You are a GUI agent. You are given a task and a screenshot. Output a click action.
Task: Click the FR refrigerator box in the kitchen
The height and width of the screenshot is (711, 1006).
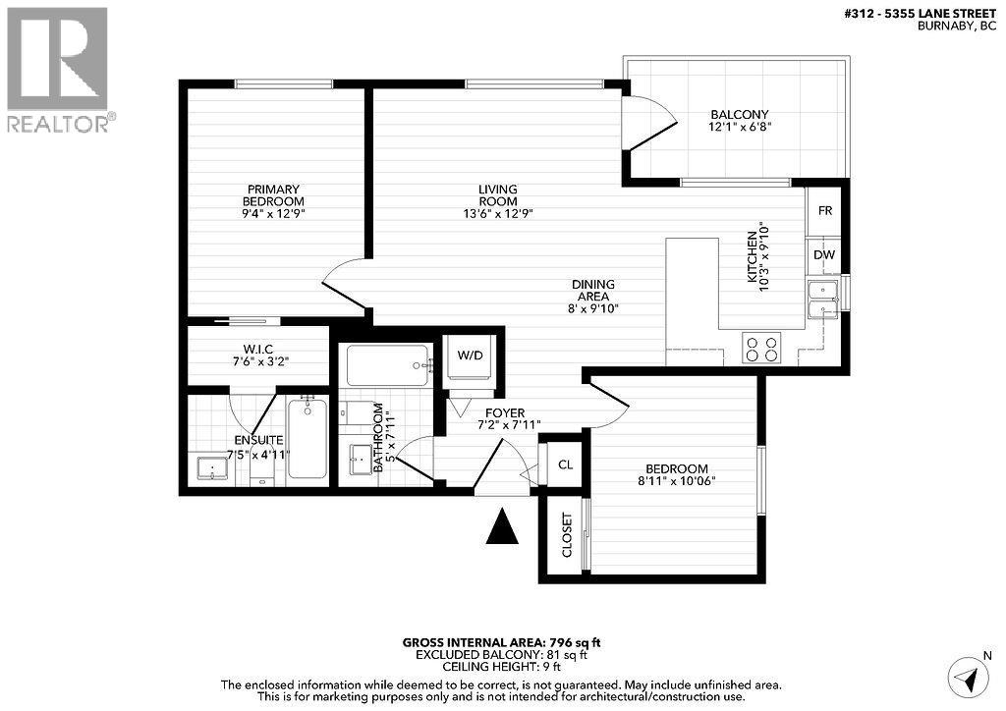825,211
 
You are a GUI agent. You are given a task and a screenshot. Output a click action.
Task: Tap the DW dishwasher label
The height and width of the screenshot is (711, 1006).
824,255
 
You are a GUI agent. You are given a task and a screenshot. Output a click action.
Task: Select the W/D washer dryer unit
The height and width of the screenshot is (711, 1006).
472,355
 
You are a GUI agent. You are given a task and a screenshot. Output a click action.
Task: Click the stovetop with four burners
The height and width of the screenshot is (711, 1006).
761,349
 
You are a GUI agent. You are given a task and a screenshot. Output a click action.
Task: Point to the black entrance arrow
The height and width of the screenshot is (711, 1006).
503,527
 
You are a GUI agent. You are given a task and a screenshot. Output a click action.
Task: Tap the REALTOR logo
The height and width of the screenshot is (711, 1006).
59,69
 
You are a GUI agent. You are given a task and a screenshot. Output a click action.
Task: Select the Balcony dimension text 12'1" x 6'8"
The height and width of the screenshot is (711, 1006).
739,127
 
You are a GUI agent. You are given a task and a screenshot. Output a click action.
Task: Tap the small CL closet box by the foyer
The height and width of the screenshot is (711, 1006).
565,465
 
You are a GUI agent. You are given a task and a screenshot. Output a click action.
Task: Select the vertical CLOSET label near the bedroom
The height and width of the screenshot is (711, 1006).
567,534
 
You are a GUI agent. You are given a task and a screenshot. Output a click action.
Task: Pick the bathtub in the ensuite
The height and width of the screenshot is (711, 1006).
307,439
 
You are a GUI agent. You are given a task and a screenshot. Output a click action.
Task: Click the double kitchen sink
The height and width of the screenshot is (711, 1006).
821,300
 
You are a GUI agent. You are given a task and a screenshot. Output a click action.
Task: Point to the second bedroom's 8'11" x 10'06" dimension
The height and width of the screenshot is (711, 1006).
677,481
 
